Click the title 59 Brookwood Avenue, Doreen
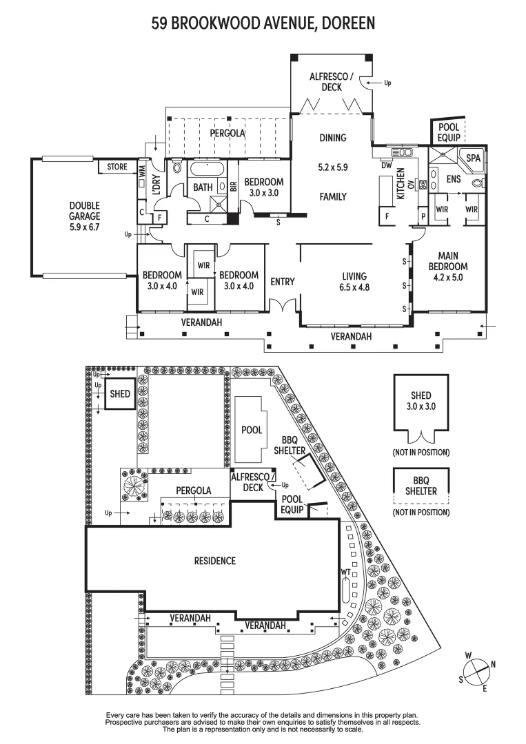point(263,24)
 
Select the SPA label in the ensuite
point(472,158)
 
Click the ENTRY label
point(283,281)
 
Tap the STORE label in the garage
point(117,167)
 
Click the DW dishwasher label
point(386,165)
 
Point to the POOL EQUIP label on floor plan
point(448,133)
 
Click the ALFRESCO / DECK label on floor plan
point(332,82)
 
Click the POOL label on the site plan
point(251,430)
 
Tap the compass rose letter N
point(492,665)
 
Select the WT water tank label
point(345,572)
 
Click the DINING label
point(332,138)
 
